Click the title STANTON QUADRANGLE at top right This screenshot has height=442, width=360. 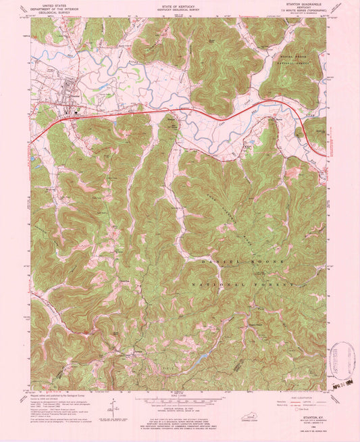(x=309, y=4)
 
